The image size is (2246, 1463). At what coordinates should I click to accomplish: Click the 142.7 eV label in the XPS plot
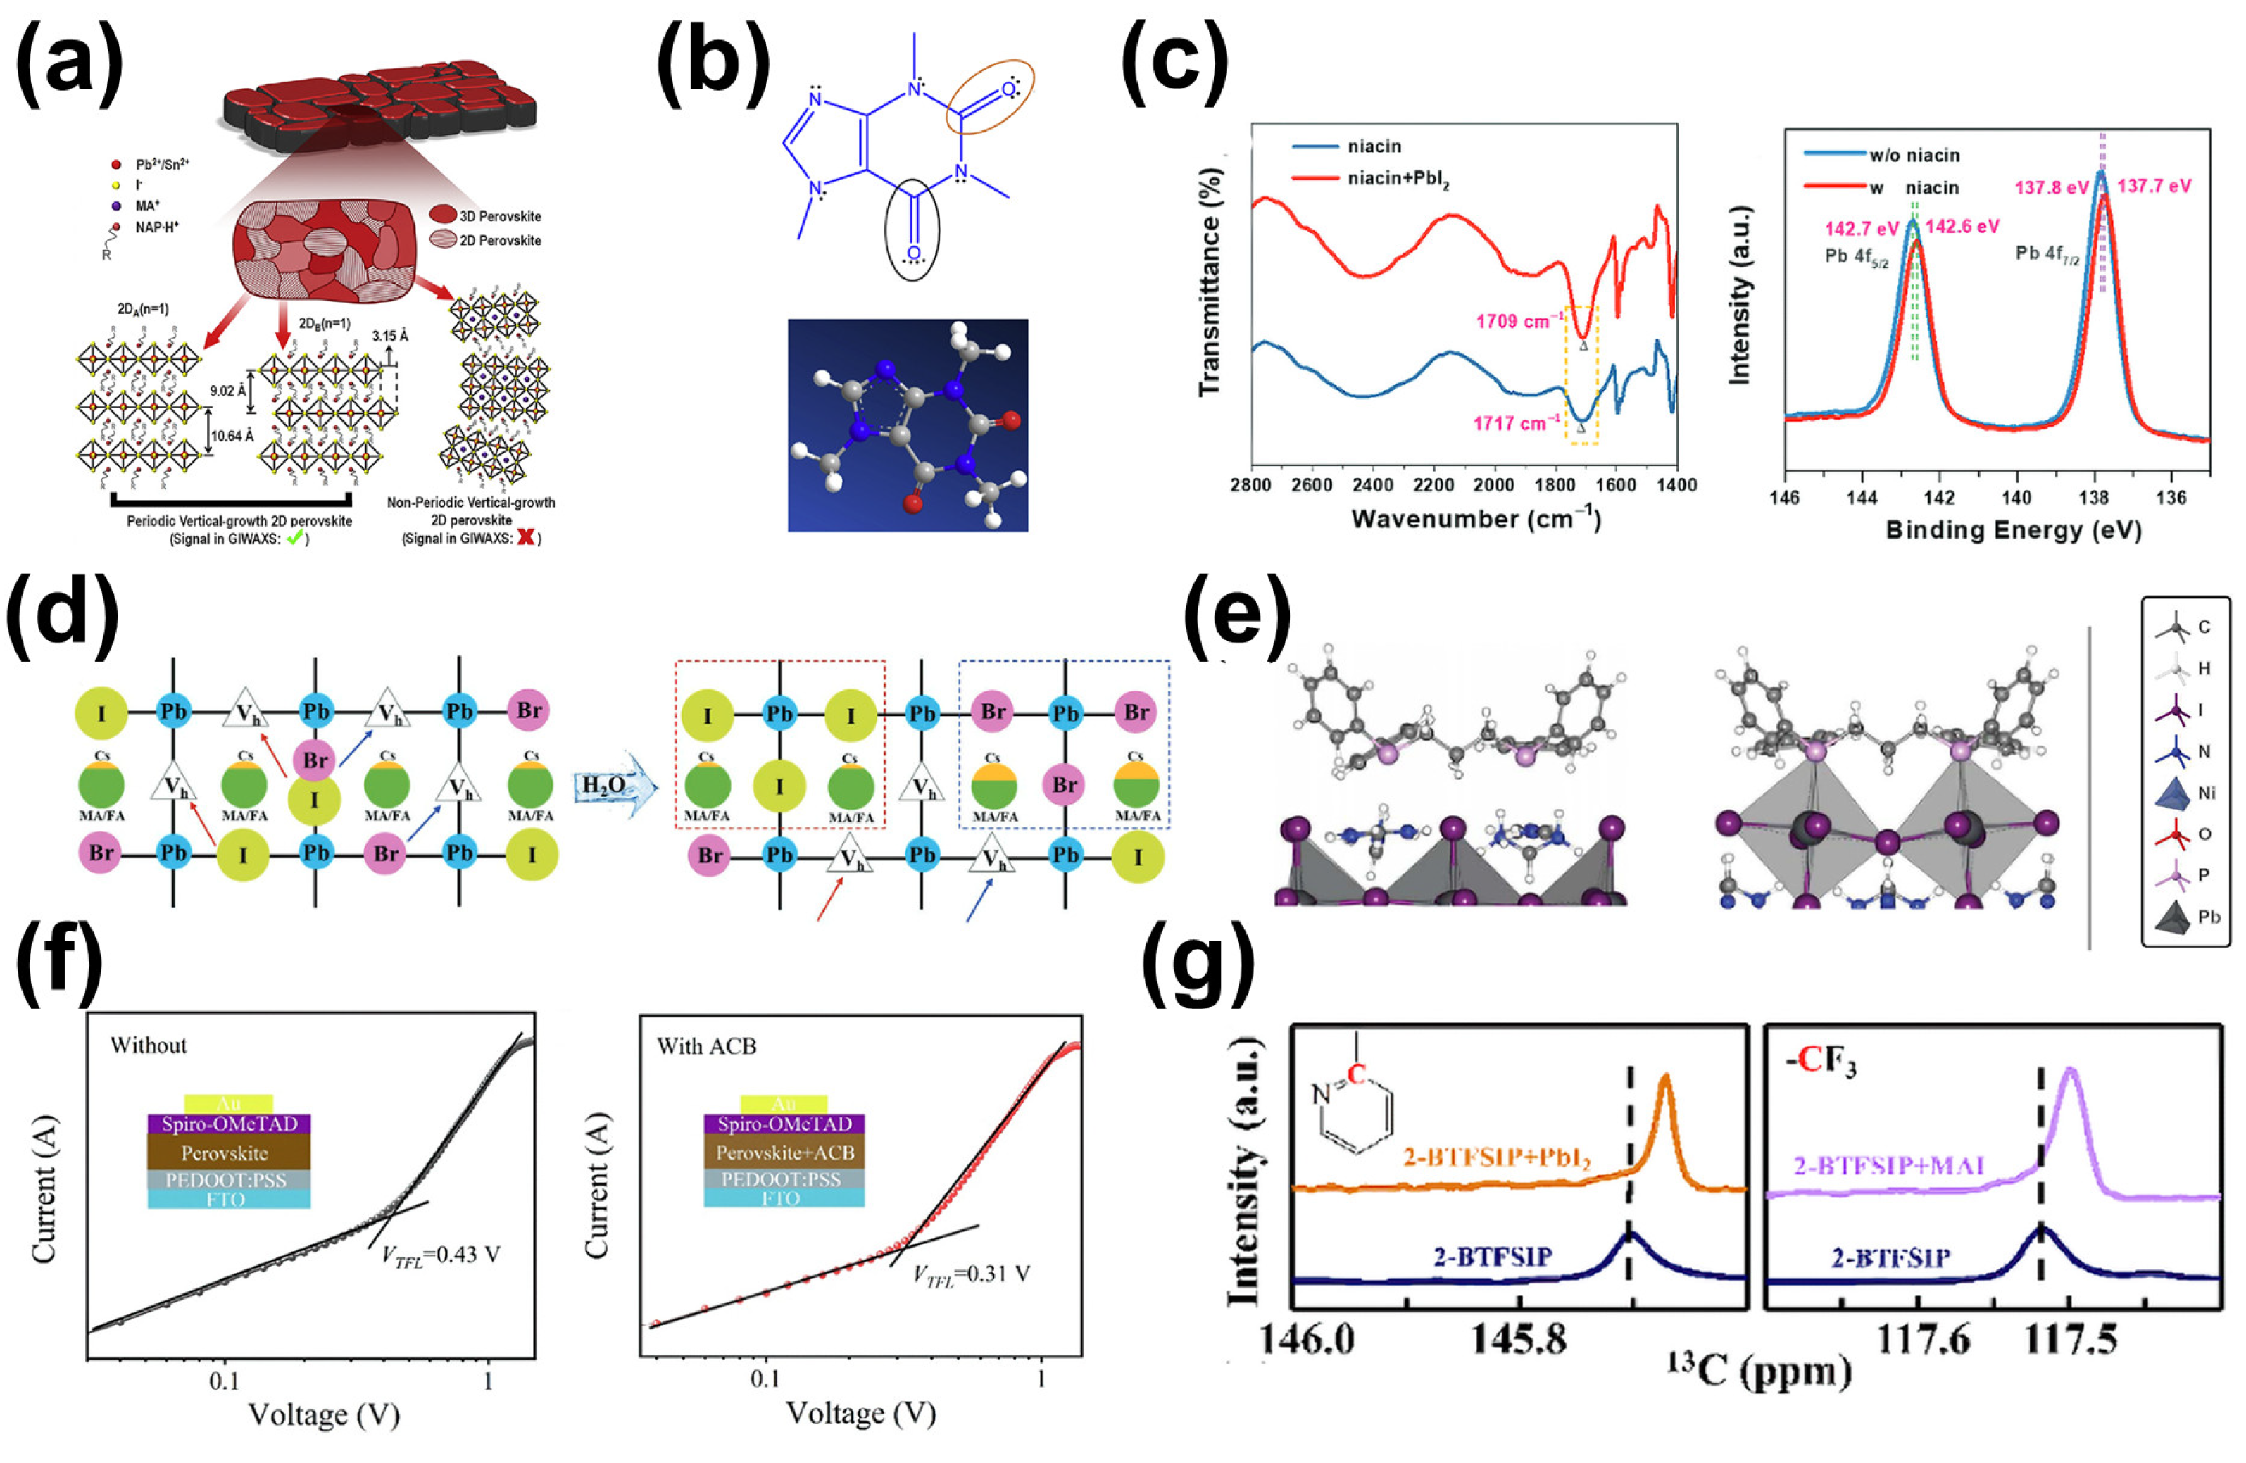1861,228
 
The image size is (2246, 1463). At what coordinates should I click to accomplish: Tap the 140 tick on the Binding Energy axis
2016,498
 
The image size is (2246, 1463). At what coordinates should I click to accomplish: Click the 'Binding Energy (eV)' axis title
2013,530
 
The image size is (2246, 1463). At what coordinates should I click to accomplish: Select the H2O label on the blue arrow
603,785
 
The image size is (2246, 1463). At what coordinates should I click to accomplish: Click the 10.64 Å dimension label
232,436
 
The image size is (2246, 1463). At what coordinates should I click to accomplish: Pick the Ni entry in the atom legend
2188,793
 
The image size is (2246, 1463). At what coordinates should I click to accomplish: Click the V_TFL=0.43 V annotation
441,1255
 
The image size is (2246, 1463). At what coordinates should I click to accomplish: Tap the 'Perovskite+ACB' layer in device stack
784,1153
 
